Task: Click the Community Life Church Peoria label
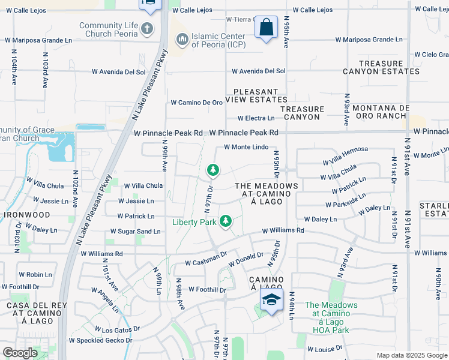point(108,29)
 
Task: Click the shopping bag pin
point(266,28)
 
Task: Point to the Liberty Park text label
point(194,222)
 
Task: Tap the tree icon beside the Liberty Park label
point(226,222)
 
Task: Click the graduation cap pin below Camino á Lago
point(271,300)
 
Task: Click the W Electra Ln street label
point(256,118)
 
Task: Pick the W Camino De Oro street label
point(196,103)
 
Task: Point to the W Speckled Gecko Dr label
point(100,340)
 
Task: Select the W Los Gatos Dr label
point(117,329)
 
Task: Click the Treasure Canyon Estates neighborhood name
point(381,67)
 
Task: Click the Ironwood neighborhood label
point(28,214)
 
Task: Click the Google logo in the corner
point(20,352)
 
